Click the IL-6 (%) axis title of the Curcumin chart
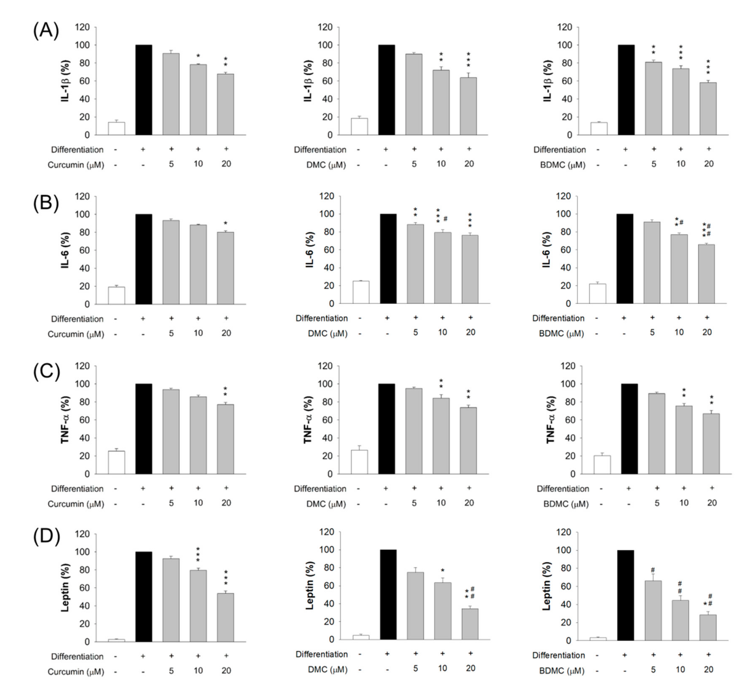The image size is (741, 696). pos(66,250)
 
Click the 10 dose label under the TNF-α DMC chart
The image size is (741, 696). pos(441,503)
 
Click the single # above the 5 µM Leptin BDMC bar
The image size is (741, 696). pos(653,570)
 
